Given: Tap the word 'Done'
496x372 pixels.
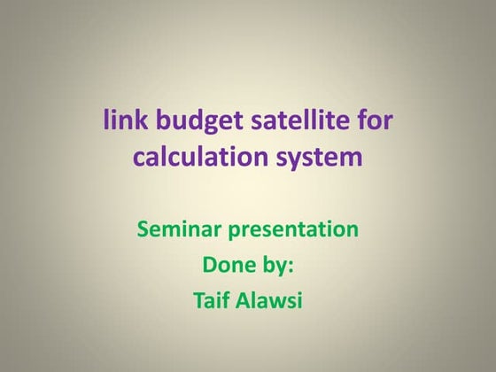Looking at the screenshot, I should point(228,266).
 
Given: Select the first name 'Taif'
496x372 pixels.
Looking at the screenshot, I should point(210,300).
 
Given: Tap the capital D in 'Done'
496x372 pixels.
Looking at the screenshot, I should point(211,266).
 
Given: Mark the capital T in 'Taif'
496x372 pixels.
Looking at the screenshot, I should point(198,300).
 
